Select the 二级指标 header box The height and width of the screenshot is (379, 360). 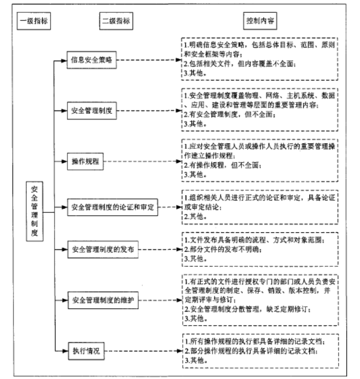[x=116, y=22]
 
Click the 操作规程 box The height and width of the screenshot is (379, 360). [x=86, y=162]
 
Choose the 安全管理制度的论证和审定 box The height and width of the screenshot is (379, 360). [x=113, y=207]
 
